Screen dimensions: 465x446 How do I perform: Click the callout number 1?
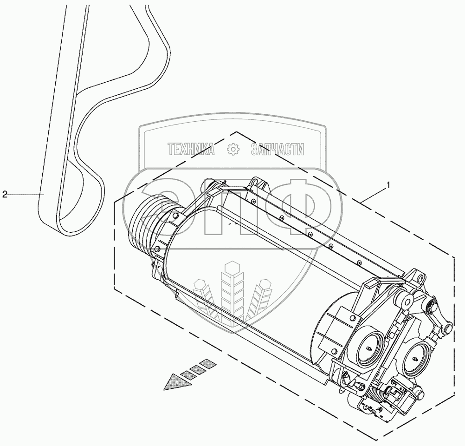tap(388, 185)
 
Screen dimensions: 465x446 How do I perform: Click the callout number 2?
tap(5, 195)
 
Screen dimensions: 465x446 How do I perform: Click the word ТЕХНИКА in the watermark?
tap(191, 149)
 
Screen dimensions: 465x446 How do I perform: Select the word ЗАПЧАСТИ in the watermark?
tap(277, 149)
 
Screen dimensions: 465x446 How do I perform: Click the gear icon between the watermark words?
tap(232, 149)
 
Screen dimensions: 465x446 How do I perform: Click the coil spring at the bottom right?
tap(378, 396)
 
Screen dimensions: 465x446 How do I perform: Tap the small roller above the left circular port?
tap(408, 300)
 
